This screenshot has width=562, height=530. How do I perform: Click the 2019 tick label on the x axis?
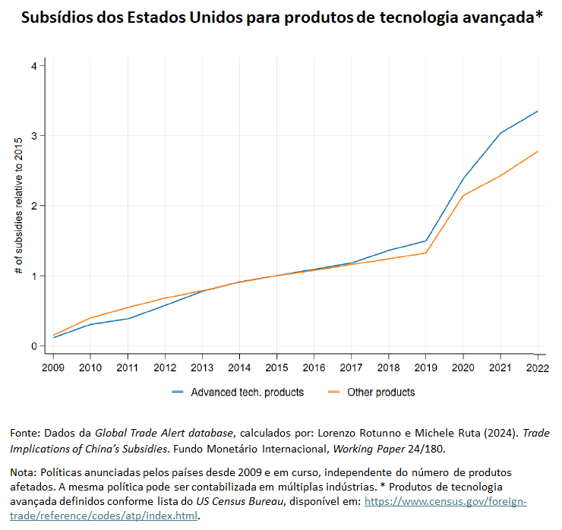(425, 368)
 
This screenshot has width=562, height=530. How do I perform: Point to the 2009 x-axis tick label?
(53, 368)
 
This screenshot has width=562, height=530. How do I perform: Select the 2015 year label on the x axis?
(276, 368)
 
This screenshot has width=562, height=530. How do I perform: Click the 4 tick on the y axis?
(33, 66)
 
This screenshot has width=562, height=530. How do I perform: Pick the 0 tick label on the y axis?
(33, 346)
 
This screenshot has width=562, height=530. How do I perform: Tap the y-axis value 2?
(33, 206)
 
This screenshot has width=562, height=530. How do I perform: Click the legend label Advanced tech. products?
(247, 393)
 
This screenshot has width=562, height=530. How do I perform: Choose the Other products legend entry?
(380, 393)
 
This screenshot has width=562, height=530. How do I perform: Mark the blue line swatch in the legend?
(178, 393)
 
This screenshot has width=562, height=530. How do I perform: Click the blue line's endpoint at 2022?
(538, 112)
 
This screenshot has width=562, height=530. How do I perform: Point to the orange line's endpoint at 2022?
(538, 151)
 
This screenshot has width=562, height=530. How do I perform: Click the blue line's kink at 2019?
(426, 241)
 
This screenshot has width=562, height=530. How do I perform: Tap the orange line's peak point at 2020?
(463, 195)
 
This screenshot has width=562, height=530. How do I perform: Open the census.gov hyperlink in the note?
(446, 502)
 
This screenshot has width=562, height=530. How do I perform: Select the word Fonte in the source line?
(24, 432)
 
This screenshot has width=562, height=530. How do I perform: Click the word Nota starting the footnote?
(23, 473)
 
